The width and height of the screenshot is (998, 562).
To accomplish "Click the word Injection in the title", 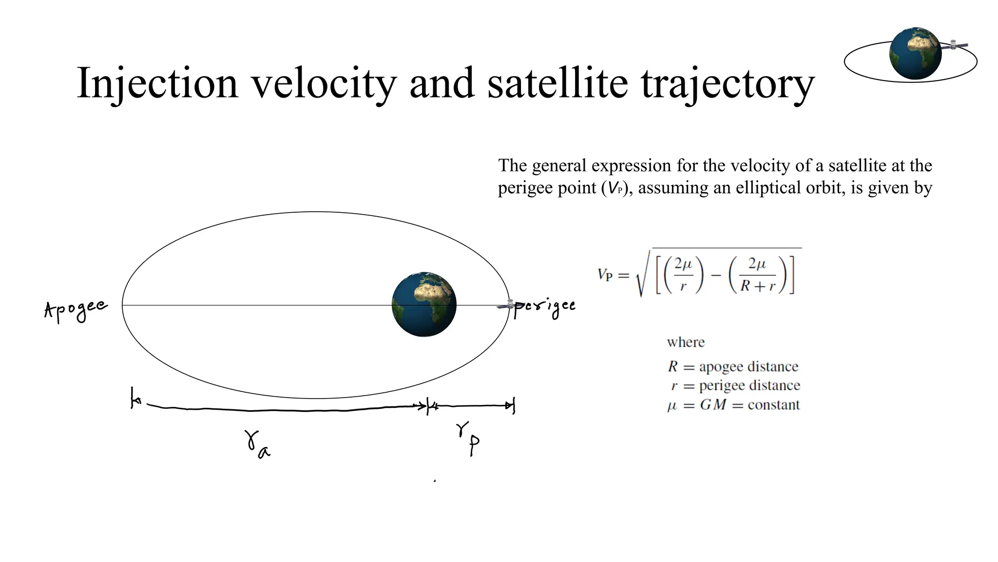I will pos(157,83).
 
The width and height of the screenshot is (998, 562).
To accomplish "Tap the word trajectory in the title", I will pos(727,84).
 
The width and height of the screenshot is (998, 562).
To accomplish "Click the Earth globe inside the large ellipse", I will pos(424,304).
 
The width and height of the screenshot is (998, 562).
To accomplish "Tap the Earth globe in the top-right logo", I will pos(915,53).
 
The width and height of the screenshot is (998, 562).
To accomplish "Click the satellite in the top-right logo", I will pos(954,45).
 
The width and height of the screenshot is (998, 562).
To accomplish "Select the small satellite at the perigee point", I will pos(508,305).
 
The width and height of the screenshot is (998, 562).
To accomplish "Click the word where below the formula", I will pos(686,342).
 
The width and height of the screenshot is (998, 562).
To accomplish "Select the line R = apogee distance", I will pos(733,366).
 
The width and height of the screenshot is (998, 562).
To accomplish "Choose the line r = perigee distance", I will pos(735,385).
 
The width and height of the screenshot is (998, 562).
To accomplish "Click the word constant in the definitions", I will pos(774,405).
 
